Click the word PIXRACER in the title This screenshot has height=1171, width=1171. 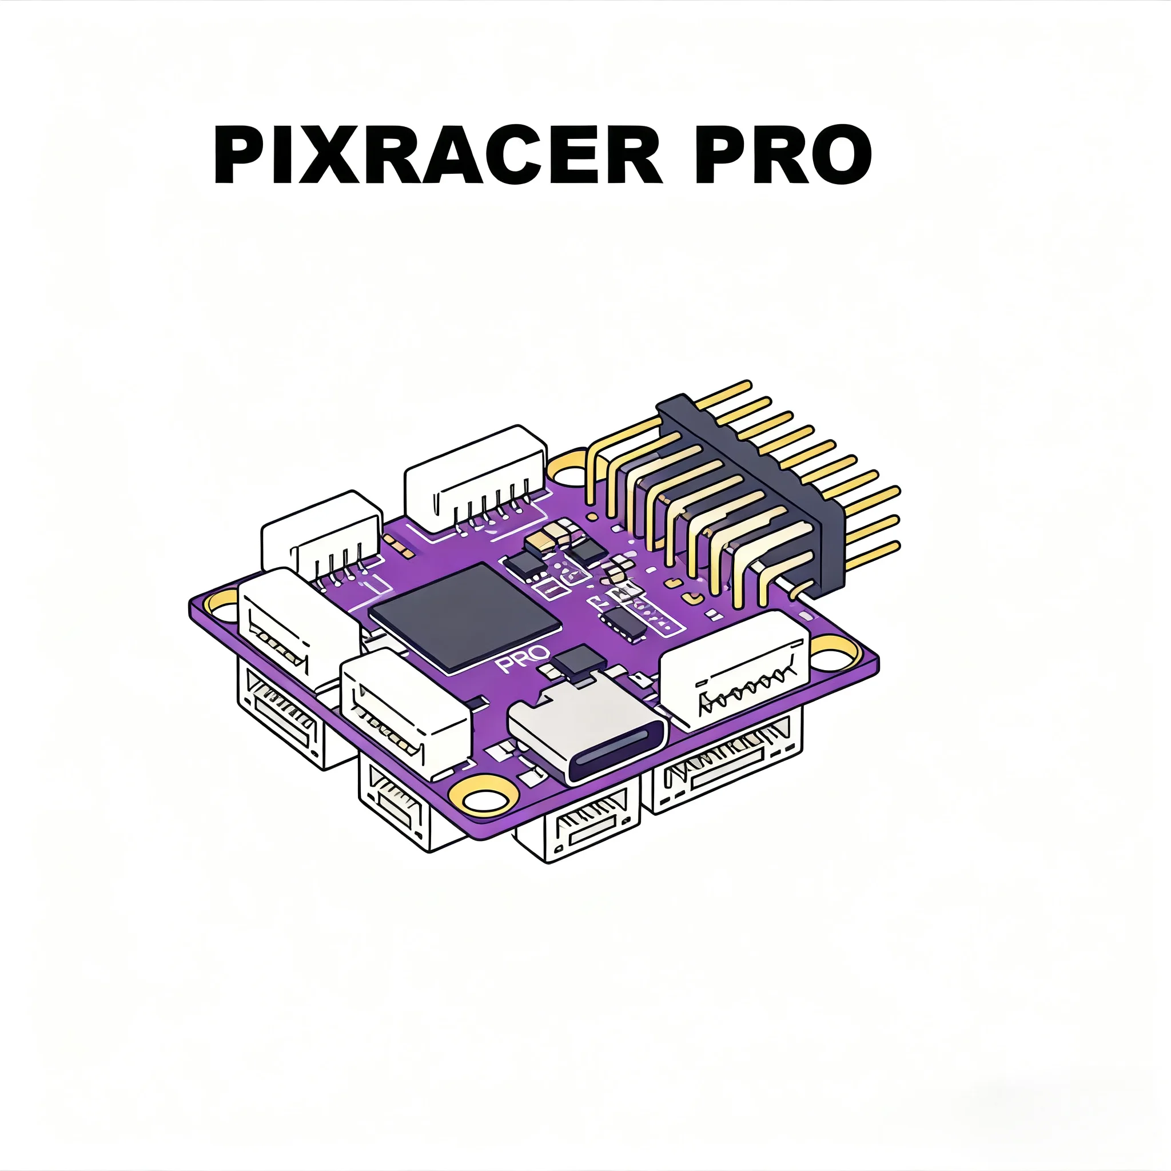(x=436, y=154)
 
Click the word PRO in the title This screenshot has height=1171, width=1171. (x=782, y=154)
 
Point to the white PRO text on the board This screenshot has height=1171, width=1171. (x=523, y=659)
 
